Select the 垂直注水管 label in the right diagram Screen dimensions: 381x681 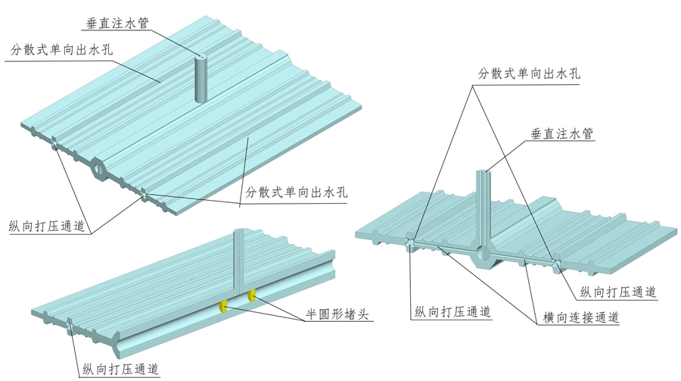coord(561,134)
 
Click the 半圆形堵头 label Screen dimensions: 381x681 coord(331,314)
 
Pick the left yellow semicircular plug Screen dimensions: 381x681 coord(224,306)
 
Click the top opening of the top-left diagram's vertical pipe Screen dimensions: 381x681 coord(201,58)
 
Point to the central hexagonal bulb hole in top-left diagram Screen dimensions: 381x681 coord(99,168)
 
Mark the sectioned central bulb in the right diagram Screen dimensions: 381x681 coord(482,255)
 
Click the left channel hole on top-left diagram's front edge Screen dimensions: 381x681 coord(54,143)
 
